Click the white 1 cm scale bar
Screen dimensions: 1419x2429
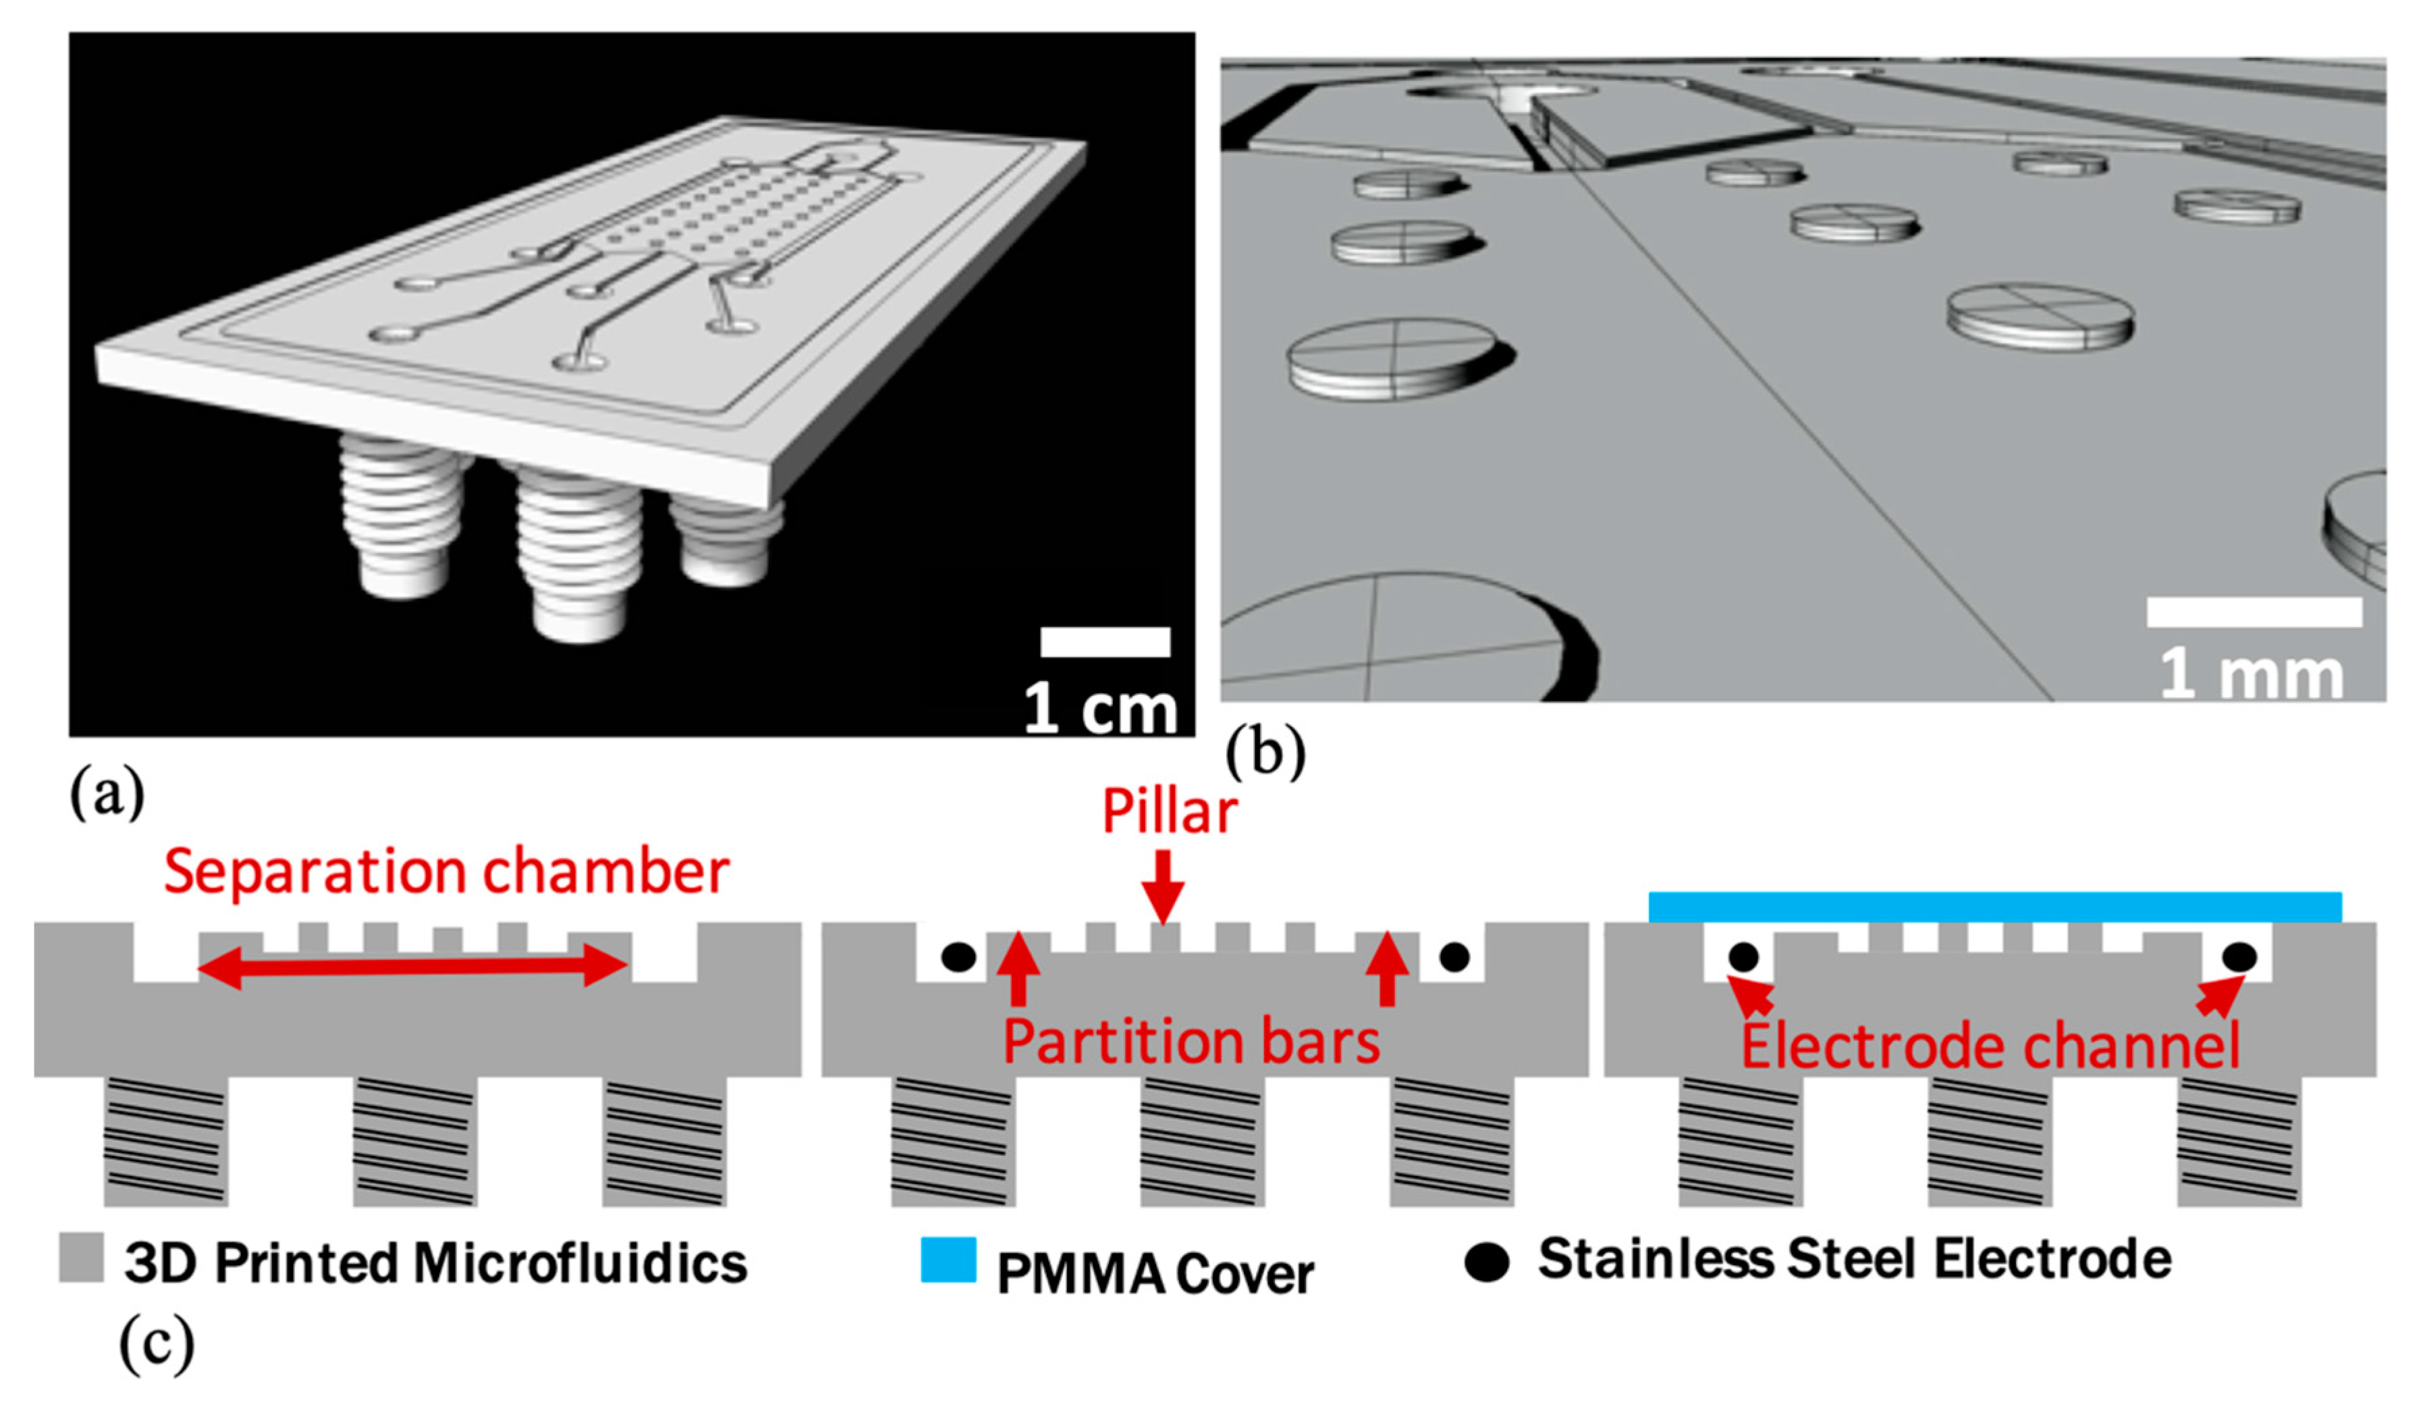1105,642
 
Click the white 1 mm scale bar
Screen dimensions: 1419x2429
2254,611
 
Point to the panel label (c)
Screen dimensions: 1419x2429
156,1342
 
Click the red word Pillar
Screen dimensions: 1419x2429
1168,811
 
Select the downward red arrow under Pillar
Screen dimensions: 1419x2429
1164,885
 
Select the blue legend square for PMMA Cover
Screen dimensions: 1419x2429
948,1260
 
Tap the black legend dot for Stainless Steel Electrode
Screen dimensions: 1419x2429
1486,1262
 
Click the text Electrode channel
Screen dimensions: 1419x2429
1990,1046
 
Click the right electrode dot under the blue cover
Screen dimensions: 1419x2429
2238,957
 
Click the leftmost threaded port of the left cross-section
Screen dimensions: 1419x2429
166,1142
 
